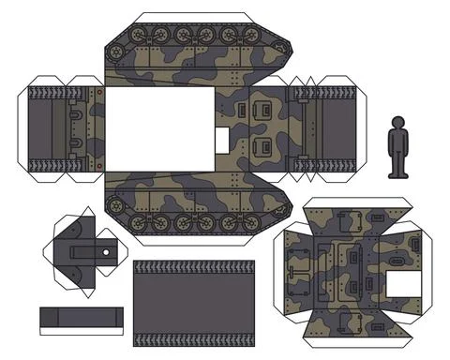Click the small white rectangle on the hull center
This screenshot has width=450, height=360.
click(222, 139)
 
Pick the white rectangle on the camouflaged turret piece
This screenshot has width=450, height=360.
click(403, 282)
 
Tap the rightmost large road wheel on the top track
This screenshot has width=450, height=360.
click(250, 36)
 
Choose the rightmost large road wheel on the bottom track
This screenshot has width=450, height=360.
click(250, 223)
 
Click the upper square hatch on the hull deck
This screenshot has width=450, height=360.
click(262, 112)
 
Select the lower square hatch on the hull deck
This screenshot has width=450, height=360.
click(262, 146)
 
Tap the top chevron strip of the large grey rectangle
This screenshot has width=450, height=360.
click(194, 267)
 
